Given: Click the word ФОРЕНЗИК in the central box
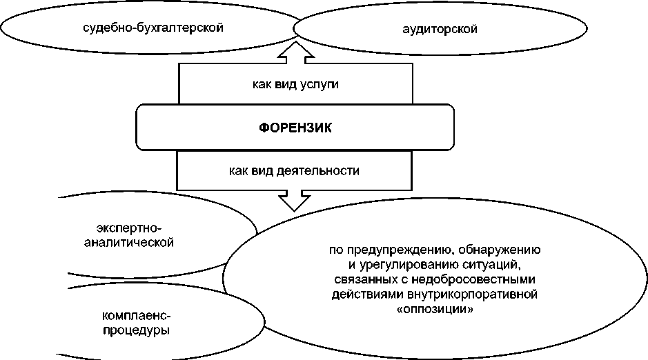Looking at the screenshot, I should pyautogui.click(x=295, y=128).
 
